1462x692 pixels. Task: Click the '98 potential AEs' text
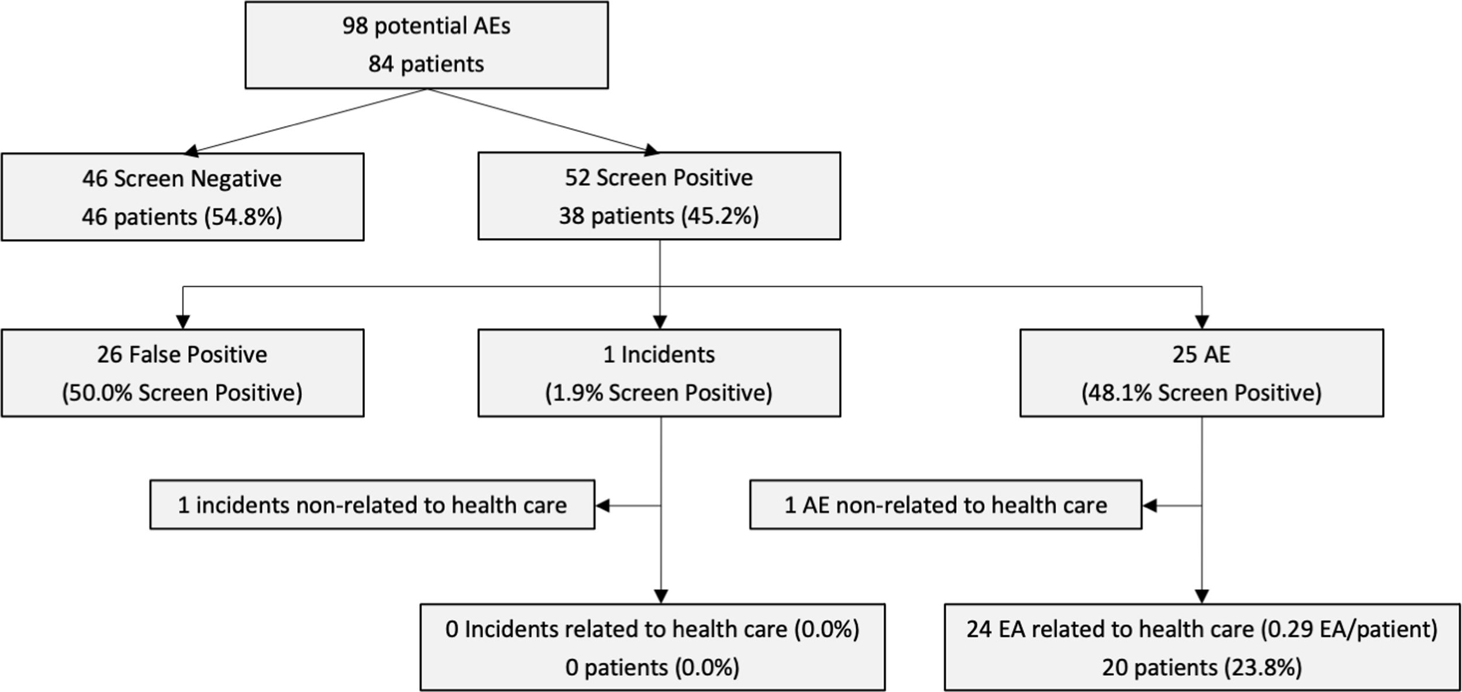click(x=426, y=26)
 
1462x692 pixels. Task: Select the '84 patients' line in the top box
click(x=426, y=64)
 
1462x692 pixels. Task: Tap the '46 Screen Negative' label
click(x=182, y=178)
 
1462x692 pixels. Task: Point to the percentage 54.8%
click(x=243, y=217)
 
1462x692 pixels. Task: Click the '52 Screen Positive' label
click(x=658, y=178)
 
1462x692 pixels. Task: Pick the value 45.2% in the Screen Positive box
click(x=719, y=216)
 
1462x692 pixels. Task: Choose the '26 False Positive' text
click(x=182, y=354)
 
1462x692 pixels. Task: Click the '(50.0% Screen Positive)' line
click(x=182, y=393)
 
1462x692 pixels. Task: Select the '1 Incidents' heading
click(x=658, y=354)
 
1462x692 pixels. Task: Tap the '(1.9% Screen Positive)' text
click(x=658, y=393)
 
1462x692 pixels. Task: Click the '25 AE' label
click(x=1201, y=354)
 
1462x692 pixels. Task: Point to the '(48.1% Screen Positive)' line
click(x=1201, y=393)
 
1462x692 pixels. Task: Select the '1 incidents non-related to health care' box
click(x=372, y=505)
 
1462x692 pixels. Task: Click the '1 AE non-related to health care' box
click(x=945, y=505)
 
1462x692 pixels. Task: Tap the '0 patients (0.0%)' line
click(x=652, y=667)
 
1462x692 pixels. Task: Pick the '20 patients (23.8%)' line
click(x=1202, y=667)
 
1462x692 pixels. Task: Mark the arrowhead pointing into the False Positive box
click(x=182, y=322)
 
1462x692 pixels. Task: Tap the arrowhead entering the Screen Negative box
click(x=191, y=152)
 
